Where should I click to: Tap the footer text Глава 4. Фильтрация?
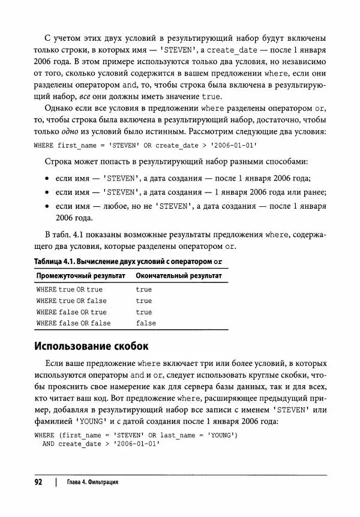click(x=92, y=482)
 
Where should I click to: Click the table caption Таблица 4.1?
click(x=57, y=262)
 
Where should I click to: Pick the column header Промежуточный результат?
click(x=80, y=276)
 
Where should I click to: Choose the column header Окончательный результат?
click(x=179, y=276)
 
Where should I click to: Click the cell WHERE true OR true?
click(x=69, y=290)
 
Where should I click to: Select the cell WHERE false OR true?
click(x=71, y=312)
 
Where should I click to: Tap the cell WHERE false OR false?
click(x=73, y=323)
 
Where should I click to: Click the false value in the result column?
click(x=146, y=323)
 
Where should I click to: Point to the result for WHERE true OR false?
click(x=144, y=301)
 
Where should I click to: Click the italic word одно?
click(x=73, y=131)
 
